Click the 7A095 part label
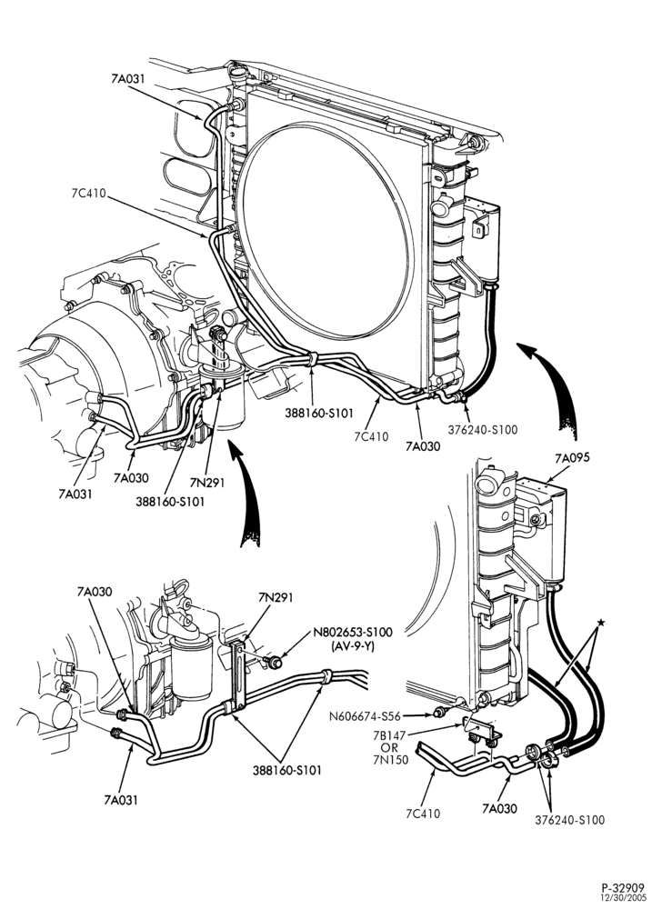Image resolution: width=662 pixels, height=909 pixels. [572, 458]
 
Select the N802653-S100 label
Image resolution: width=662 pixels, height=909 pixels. [353, 633]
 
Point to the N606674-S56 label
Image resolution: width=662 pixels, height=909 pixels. [365, 716]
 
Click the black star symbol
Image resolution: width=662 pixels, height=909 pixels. [600, 622]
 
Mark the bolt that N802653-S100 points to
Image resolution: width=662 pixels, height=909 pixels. [275, 662]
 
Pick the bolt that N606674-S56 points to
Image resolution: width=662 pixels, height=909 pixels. [440, 712]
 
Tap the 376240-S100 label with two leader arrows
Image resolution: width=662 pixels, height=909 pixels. [569, 820]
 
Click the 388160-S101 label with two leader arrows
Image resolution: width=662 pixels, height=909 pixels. [286, 771]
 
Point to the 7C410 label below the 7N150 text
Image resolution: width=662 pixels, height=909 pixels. [423, 814]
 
